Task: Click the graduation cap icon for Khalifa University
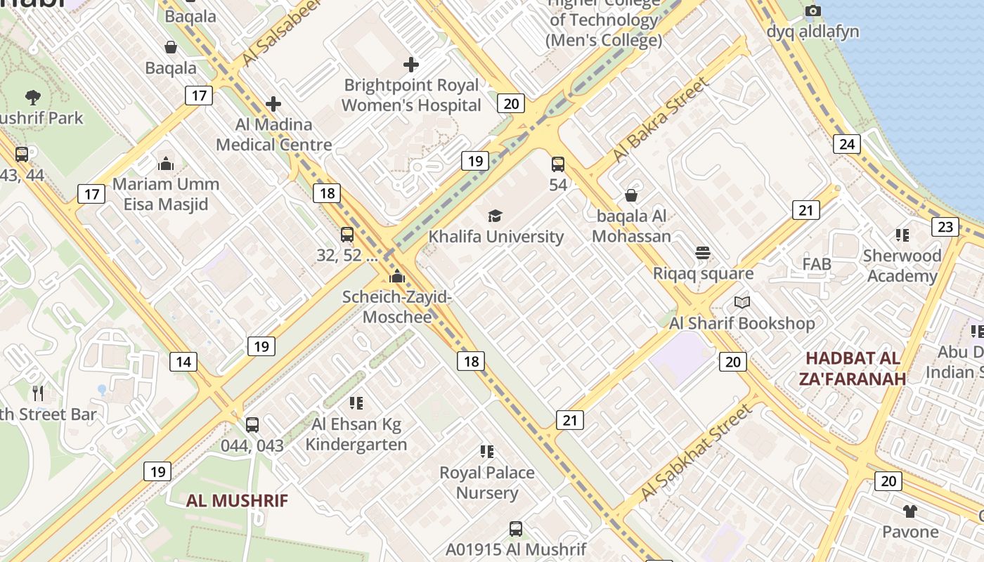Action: pos(496,216)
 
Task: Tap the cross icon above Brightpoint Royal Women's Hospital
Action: pos(411,65)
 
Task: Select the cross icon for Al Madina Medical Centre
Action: pos(273,105)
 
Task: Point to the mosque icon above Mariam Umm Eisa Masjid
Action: pos(166,164)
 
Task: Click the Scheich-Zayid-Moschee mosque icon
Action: pos(397,276)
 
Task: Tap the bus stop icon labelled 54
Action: pos(558,164)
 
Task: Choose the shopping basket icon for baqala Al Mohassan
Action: pos(631,195)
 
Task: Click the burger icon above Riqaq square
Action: pos(703,252)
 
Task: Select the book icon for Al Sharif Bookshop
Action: pos(742,303)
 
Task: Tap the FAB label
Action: pos(817,264)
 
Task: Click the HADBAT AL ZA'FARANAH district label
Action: pos(853,368)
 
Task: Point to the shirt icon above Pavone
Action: pos(910,511)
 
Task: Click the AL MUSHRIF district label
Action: pos(237,501)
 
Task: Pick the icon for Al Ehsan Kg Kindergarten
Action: pos(356,403)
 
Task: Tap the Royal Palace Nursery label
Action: pos(487,483)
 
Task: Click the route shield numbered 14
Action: pos(183,362)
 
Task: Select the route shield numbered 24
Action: pos(847,144)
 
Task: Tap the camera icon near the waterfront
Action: pos(813,11)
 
